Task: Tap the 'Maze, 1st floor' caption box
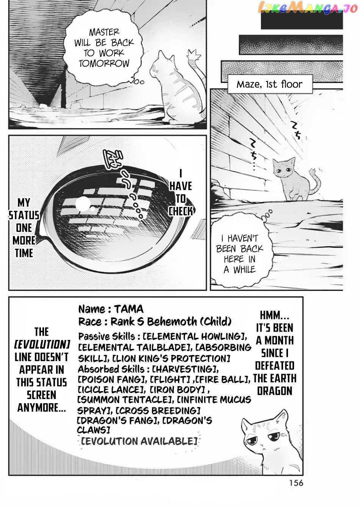coord(270,84)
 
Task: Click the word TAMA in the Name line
coord(128,309)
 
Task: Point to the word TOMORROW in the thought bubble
coord(104,63)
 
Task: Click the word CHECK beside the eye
coord(181,211)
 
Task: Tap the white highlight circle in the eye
coord(83,203)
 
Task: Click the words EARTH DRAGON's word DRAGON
coord(275,391)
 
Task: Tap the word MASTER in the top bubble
coord(104,32)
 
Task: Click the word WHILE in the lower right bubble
coord(244,269)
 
